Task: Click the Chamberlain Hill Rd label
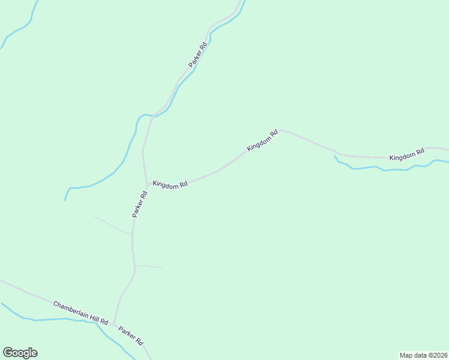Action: tap(80, 313)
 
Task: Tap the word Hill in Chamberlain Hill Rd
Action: tap(91, 317)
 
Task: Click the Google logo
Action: tap(20, 353)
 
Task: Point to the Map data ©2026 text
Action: tap(423, 355)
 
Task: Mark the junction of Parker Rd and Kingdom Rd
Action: tap(146, 184)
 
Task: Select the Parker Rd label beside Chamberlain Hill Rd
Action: tap(130, 335)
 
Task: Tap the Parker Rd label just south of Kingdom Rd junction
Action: tap(140, 204)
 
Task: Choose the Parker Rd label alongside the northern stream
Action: tap(198, 55)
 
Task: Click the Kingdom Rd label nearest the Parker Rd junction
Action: tap(170, 185)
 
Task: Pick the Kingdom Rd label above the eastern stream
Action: tap(406, 154)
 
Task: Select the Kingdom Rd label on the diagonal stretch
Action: tap(262, 140)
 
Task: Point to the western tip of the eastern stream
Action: tap(334, 157)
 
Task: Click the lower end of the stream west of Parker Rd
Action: tap(65, 200)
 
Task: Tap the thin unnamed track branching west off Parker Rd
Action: tap(112, 224)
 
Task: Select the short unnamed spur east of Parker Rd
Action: tap(148, 266)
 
